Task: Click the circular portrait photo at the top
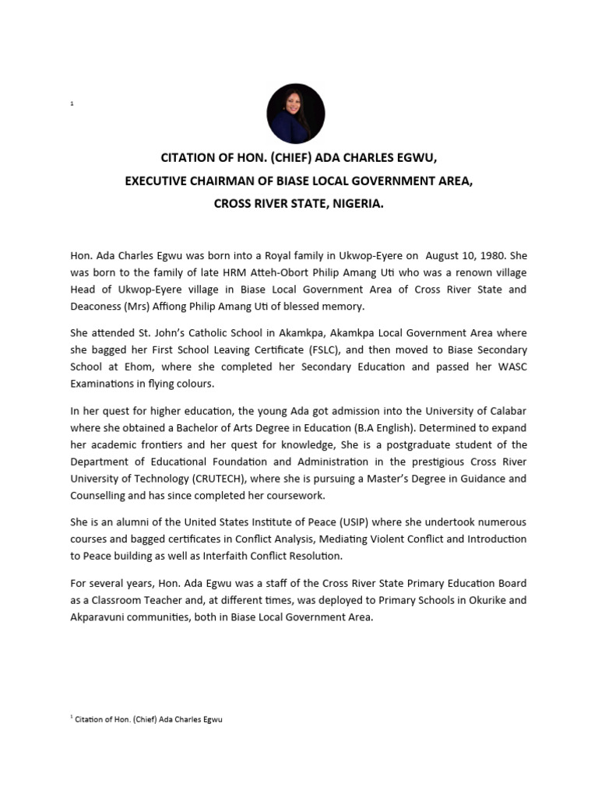[296, 114]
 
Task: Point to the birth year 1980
[492, 255]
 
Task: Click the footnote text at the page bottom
[147, 720]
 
